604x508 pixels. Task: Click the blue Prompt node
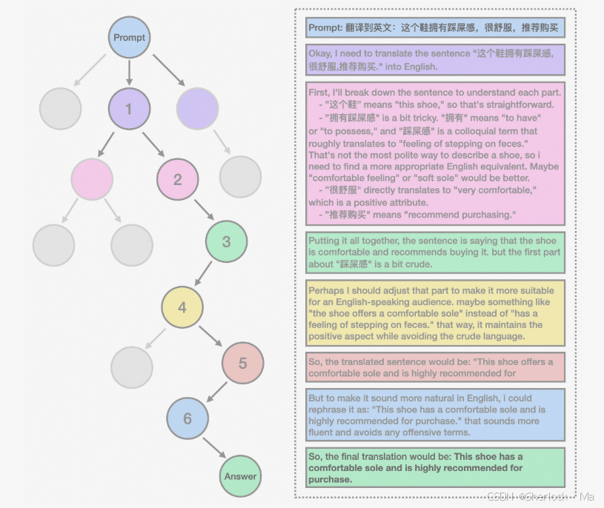coord(130,37)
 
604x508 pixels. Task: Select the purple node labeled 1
coord(129,109)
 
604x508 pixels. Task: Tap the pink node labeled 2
coord(178,179)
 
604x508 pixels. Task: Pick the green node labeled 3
coord(227,241)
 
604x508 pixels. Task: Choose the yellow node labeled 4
coord(182,307)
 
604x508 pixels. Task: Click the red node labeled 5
coord(242,364)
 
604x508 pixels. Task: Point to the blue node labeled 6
coord(187,418)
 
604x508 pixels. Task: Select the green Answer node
coord(240,476)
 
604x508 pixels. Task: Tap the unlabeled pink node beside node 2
coord(93,179)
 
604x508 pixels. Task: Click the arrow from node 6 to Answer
coord(214,448)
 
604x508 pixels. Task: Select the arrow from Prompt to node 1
coord(130,73)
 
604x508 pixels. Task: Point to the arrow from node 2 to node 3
coord(203,210)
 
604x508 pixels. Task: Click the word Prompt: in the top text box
coord(325,28)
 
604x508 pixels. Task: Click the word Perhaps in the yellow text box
coord(326,290)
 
